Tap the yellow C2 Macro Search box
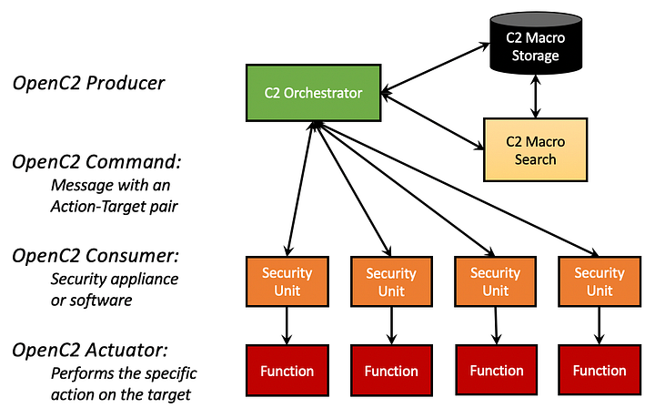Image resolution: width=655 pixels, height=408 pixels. click(x=535, y=150)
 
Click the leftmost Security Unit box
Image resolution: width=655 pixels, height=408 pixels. click(x=287, y=281)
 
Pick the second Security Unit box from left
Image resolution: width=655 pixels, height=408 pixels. click(x=391, y=282)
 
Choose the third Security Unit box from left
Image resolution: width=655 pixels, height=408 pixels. click(x=496, y=281)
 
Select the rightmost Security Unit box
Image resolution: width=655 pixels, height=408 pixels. click(x=600, y=281)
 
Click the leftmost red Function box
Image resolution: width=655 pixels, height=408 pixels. click(x=287, y=371)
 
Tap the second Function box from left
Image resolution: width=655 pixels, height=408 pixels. click(x=391, y=371)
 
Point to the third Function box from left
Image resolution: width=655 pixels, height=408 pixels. click(x=497, y=371)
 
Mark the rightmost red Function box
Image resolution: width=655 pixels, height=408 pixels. click(x=600, y=371)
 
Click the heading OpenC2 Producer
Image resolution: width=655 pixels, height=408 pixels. click(x=88, y=84)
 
